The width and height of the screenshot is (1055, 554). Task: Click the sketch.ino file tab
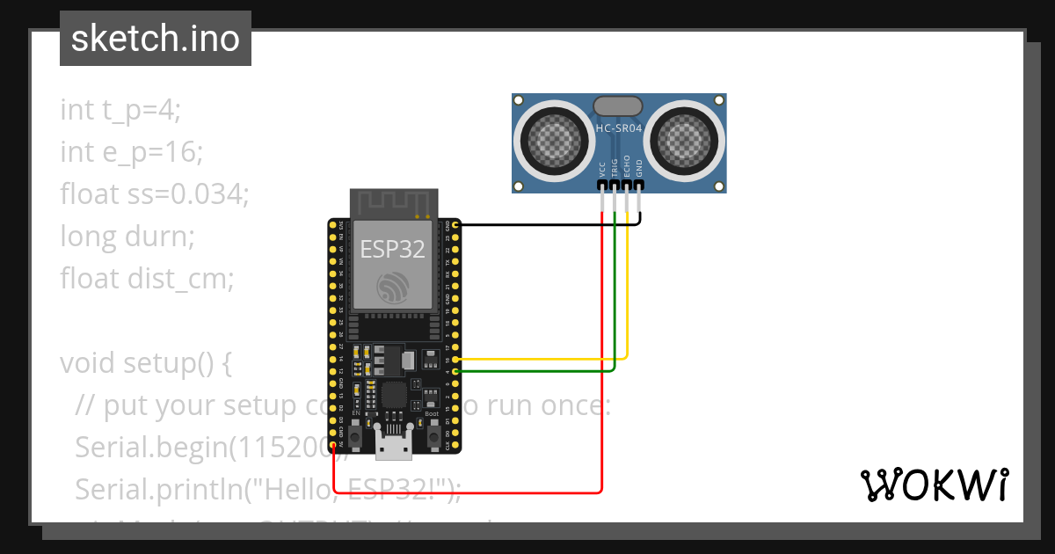(x=156, y=39)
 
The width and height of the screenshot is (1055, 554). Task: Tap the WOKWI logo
(x=934, y=485)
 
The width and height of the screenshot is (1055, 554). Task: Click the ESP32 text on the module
(x=392, y=249)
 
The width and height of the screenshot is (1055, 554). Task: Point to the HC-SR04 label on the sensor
(x=619, y=128)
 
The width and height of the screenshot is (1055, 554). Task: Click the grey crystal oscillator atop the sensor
(x=619, y=106)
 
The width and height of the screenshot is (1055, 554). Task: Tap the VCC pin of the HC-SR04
(x=602, y=183)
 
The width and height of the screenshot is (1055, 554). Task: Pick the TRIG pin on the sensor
(x=615, y=183)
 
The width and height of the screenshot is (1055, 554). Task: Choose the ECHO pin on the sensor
(x=627, y=183)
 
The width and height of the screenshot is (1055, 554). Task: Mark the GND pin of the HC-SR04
(x=639, y=183)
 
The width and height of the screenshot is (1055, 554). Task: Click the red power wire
(x=466, y=492)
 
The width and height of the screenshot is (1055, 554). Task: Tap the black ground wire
(x=545, y=224)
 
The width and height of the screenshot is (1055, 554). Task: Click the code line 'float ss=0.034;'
(x=155, y=193)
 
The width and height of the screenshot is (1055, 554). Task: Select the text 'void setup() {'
(x=145, y=363)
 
